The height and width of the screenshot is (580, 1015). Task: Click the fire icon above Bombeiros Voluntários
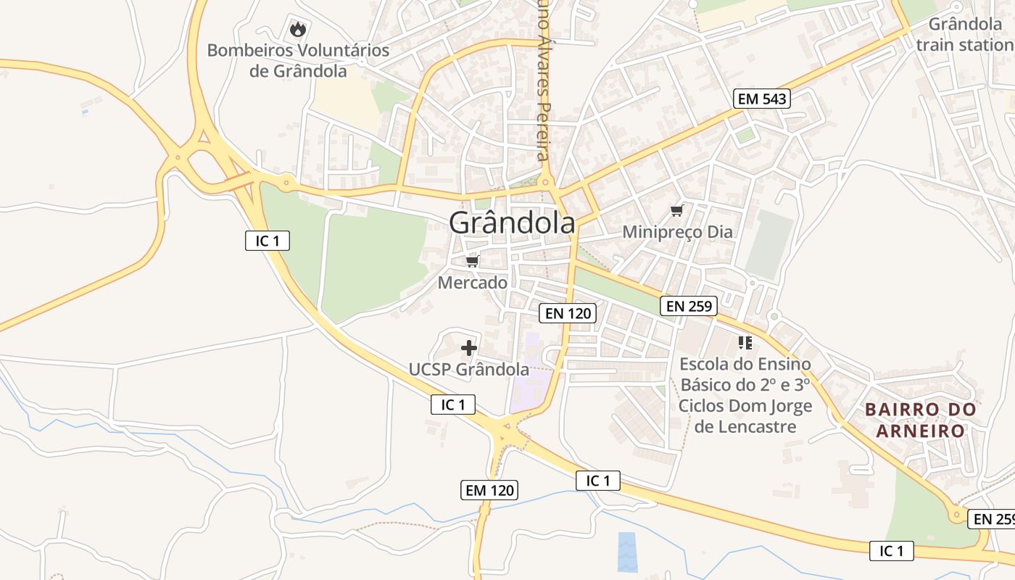[297, 29]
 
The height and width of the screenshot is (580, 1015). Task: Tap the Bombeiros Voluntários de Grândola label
[298, 61]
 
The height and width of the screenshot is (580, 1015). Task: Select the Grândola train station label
[964, 35]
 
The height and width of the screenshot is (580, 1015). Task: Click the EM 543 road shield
[762, 99]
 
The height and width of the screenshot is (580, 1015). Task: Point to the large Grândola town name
[512, 223]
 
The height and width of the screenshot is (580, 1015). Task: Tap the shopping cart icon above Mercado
[473, 261]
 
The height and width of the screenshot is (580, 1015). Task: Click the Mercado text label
[472, 283]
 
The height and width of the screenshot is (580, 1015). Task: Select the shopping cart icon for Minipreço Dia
[677, 210]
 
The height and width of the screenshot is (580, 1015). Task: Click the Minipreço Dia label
[678, 232]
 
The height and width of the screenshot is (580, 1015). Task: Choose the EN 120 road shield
[568, 313]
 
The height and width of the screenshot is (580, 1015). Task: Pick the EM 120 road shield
[489, 490]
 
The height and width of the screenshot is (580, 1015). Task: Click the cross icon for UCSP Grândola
[469, 348]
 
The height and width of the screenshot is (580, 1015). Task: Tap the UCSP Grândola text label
[468, 369]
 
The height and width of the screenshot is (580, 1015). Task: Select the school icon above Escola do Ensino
[745, 342]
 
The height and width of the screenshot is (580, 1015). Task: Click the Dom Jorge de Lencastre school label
[745, 395]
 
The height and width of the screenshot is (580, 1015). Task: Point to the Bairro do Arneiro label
[921, 420]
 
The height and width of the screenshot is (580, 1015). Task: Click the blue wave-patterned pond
[628, 552]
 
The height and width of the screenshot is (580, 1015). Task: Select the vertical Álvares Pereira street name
[543, 80]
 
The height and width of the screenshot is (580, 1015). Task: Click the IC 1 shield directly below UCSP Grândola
[453, 405]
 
